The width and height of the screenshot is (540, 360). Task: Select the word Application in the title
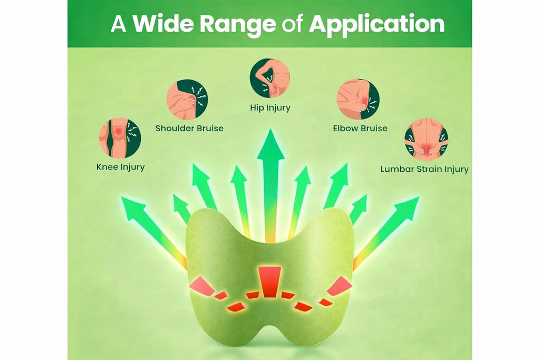(377, 25)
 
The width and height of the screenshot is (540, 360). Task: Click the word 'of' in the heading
(292, 24)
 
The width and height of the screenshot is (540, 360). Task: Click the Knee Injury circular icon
(120, 138)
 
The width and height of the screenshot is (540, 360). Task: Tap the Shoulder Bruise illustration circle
(187, 100)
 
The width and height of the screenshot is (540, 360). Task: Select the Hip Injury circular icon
(269, 79)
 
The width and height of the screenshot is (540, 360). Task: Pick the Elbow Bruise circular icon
(358, 99)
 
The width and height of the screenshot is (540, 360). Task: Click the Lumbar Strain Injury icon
(426, 139)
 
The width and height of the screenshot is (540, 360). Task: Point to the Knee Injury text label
(121, 167)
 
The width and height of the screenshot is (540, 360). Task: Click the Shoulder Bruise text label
(189, 129)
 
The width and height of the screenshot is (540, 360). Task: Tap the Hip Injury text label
(271, 108)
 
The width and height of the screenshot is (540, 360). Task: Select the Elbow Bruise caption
(360, 129)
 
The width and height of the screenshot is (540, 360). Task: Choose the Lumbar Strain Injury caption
(425, 169)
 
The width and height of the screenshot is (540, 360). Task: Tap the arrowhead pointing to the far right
(408, 208)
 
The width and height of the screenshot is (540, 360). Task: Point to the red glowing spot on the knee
(119, 131)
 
